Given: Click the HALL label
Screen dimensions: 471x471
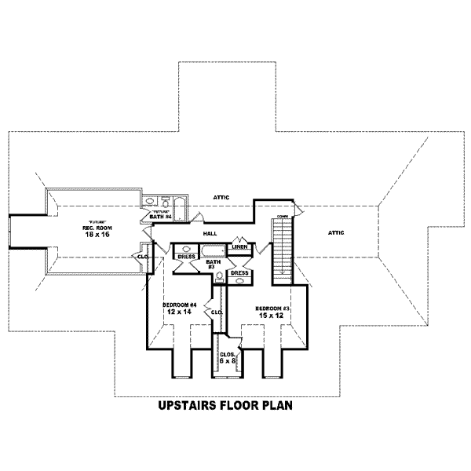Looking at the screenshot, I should coord(210,234).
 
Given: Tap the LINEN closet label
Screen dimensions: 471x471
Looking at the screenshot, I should coord(240,247).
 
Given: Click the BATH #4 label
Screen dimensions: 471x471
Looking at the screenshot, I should coord(162,217).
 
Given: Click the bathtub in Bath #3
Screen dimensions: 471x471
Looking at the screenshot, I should coord(212,252).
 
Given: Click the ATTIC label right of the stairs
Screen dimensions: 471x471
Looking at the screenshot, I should coord(337,232).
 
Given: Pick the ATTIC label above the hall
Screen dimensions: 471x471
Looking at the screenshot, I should coord(221,196).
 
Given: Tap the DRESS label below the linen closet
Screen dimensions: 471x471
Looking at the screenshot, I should coord(239,273).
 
